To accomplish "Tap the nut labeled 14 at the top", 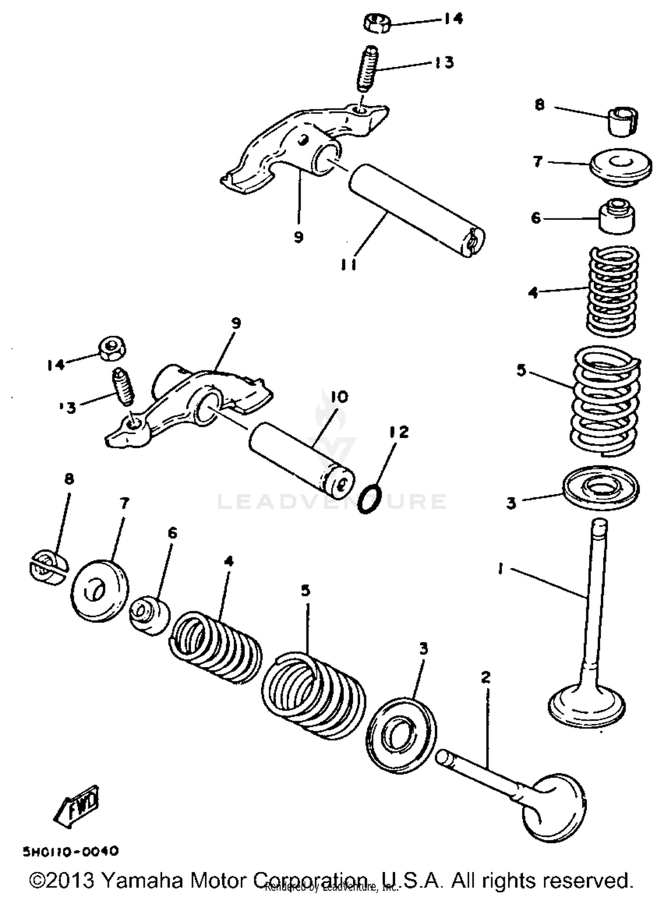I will [378, 23].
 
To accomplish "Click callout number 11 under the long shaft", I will [348, 264].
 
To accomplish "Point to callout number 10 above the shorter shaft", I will [339, 397].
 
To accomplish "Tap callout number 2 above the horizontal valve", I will [486, 677].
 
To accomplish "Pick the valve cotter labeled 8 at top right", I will [622, 120].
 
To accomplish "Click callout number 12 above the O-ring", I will [399, 432].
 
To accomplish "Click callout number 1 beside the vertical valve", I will [500, 568].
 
